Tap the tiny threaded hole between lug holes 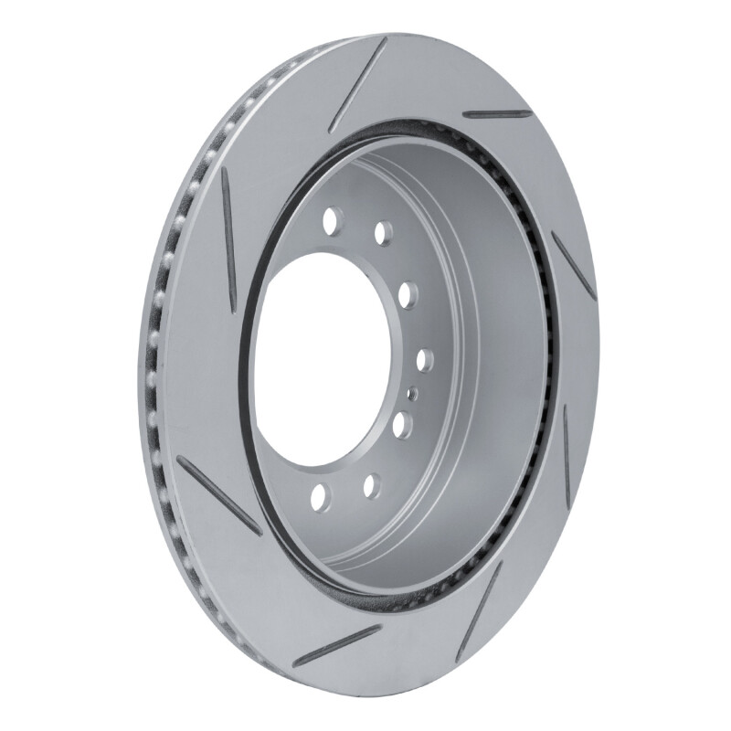pos(412,393)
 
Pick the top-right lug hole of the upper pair pos(384,232)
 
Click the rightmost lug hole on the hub pos(426,360)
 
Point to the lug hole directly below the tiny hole pos(402,425)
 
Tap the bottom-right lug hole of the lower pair pos(372,485)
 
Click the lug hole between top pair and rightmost pos(408,294)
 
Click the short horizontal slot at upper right pos(496,114)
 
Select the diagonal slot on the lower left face pos(218,493)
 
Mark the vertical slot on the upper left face pos(228,238)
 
